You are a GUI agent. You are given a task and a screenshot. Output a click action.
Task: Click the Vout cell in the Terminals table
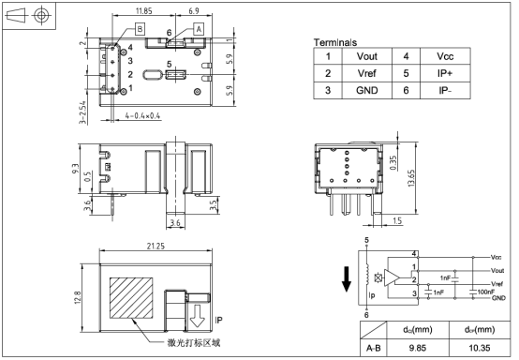point(366,56)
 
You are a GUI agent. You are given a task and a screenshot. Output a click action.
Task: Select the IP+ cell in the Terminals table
point(445,73)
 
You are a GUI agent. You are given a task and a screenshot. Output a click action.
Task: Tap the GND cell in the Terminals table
point(366,90)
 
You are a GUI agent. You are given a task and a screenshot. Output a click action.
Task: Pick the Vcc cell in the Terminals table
point(445,56)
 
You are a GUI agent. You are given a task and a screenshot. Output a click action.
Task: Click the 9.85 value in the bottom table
point(418,348)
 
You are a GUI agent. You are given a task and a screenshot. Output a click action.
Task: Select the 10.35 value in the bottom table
point(480,348)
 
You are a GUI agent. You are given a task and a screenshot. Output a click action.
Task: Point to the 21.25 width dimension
point(156,246)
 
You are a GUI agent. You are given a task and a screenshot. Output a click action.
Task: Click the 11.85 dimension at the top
point(143,11)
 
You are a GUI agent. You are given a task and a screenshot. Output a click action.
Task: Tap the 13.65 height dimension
point(411,178)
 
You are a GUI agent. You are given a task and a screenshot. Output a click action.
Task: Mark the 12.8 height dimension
point(77,298)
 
